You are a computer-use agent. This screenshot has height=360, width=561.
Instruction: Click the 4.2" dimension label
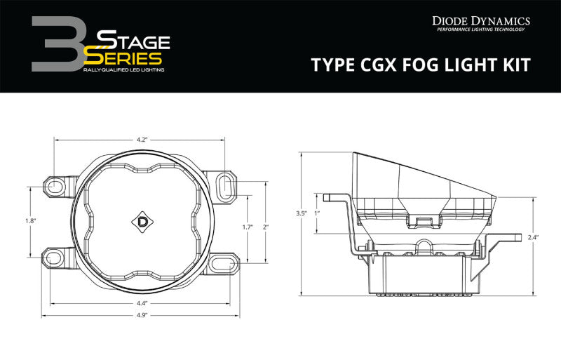click(x=142, y=140)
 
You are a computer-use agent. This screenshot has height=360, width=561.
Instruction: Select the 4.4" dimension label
click(x=142, y=303)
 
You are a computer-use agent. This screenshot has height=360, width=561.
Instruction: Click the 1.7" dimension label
click(x=246, y=227)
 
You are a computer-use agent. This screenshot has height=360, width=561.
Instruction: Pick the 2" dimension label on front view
click(x=266, y=227)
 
